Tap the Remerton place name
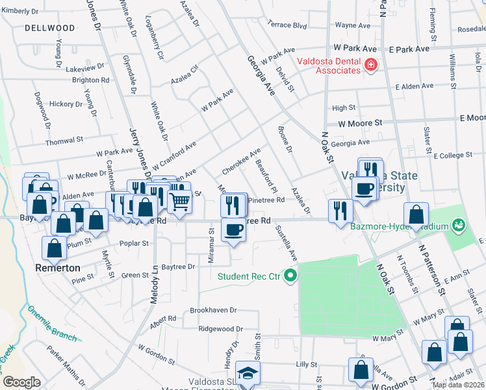pos(58,268)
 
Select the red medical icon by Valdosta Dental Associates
pos(370,65)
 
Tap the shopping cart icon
pos(179,201)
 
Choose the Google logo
pos(21,382)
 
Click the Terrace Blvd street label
pos(287,25)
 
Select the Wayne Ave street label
pos(352,25)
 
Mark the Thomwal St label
pos(64,139)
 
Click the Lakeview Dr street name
pos(84,68)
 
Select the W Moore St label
pos(359,123)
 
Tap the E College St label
pos(458,155)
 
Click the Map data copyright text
pos(457,385)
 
